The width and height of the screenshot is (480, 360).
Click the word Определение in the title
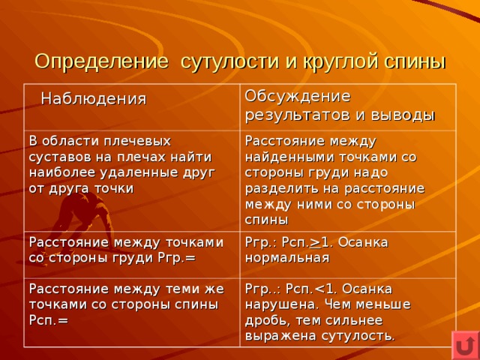[x=102, y=62]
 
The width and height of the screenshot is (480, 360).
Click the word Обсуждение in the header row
[x=298, y=97]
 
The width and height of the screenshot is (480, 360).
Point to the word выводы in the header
[x=403, y=115]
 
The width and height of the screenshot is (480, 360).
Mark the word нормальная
[x=287, y=258]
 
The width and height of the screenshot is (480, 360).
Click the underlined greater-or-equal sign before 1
[x=316, y=242]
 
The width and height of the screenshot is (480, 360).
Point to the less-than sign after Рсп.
[x=319, y=289]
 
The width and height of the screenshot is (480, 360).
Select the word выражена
[x=280, y=336]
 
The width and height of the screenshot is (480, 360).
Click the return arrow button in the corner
[x=466, y=346]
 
